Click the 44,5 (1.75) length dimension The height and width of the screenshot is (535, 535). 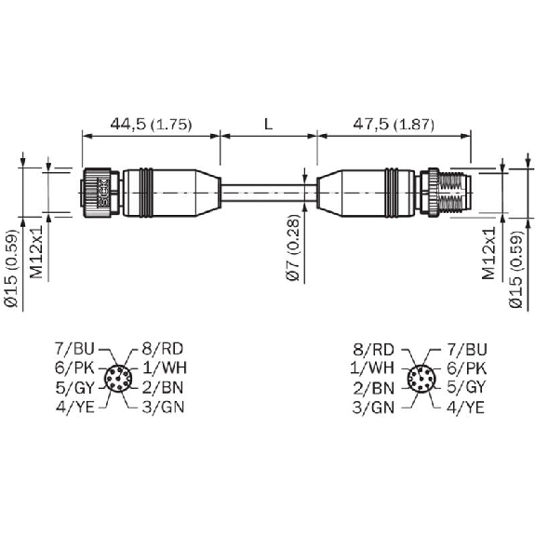pos(151,125)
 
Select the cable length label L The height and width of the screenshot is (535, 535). pos(269,125)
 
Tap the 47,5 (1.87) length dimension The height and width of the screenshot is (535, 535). pos(394,125)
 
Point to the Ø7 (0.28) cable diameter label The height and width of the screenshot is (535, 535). pos(293,247)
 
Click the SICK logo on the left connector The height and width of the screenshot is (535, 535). pos(103,193)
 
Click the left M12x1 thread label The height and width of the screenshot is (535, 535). pos(36,252)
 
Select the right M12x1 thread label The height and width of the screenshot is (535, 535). pos(488,253)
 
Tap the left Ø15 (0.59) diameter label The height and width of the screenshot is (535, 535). pos(11,269)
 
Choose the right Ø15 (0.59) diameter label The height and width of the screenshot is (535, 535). pos(515,270)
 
